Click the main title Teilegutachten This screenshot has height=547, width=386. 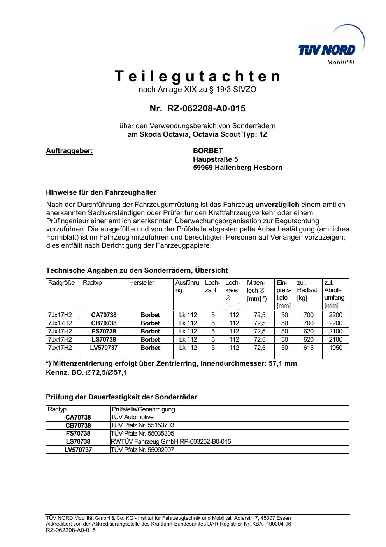pos(197,76)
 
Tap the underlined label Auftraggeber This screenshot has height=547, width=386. pos(70,151)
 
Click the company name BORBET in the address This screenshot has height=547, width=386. pos(208,151)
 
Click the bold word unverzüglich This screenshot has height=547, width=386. pos(277,205)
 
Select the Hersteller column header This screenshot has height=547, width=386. pos(142,283)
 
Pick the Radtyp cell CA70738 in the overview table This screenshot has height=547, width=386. pos(104,315)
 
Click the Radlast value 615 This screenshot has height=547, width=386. pos(308,348)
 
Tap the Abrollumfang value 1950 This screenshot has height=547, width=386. pos(335,348)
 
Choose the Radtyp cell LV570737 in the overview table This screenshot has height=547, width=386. pos(104,348)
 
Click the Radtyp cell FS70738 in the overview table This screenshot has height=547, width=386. pos(104,331)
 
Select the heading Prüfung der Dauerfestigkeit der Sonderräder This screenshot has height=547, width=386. pos(121,397)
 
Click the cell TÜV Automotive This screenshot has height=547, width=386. pos(132,417)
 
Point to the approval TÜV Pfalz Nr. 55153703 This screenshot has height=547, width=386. pos(142,425)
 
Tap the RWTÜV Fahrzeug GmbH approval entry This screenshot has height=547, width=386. pos(171,442)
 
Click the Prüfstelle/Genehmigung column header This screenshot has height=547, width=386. pos(143,409)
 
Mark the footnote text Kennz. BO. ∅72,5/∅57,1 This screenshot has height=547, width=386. pos(86,372)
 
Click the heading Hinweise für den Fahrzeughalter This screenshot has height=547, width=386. pos(101,192)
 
